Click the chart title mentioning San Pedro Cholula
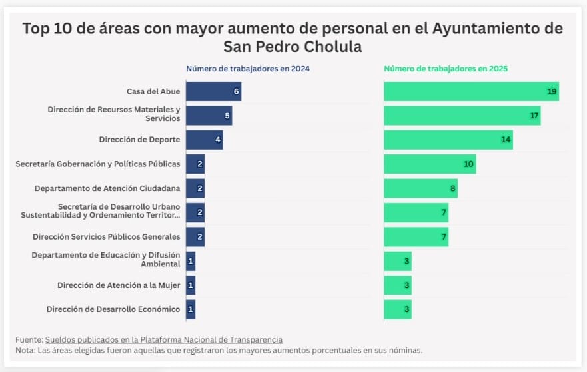(x=293, y=38)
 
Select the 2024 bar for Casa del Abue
(x=213, y=91)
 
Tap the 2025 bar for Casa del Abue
(x=470, y=91)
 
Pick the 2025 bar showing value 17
(x=462, y=116)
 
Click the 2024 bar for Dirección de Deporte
(x=204, y=140)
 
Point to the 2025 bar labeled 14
(x=448, y=140)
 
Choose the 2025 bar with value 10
(x=430, y=164)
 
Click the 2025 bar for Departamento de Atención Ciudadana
(x=420, y=188)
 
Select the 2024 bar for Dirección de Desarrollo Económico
(x=191, y=309)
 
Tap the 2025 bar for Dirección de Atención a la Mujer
(x=398, y=285)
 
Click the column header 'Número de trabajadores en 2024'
(x=248, y=69)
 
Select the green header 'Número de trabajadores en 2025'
(x=446, y=69)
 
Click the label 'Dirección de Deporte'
(x=139, y=140)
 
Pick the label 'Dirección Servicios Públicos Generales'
(x=107, y=236)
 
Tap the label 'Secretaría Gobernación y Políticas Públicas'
(x=98, y=164)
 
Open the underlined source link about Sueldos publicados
(x=163, y=339)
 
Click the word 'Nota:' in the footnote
(x=25, y=350)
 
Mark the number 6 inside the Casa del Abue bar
(x=236, y=91)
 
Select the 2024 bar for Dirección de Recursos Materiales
(x=209, y=116)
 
